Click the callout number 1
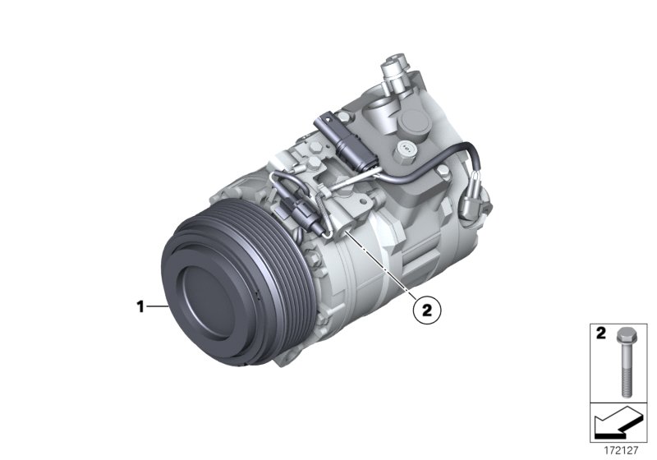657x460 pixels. click(x=140, y=307)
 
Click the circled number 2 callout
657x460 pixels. click(x=426, y=310)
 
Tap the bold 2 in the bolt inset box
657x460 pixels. click(x=600, y=334)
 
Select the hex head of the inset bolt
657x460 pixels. click(x=624, y=338)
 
